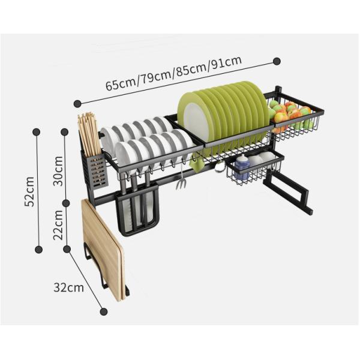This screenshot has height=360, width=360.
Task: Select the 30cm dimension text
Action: tap(58, 171)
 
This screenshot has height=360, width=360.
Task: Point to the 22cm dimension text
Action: tap(58, 224)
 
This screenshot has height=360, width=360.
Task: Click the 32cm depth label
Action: tap(68, 287)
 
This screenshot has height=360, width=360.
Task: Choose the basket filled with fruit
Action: tap(295, 121)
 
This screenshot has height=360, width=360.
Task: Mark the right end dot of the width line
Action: tap(277, 61)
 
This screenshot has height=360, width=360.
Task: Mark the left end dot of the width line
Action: tap(77, 103)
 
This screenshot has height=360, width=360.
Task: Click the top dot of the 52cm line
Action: tap(37, 131)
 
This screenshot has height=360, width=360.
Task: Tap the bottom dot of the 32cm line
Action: tap(104, 311)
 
